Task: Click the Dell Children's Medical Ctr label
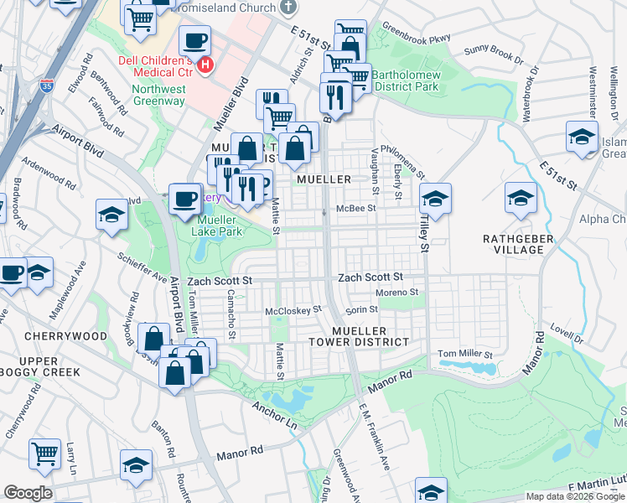[x=158, y=66]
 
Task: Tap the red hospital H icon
[x=205, y=64]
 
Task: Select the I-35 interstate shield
[x=45, y=86]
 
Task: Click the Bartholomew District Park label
[x=405, y=80]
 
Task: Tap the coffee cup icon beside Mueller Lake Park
[x=184, y=200]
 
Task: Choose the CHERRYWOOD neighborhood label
[x=66, y=336]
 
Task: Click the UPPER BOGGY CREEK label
[x=49, y=366]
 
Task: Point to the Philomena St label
[x=403, y=159]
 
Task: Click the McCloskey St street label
[x=293, y=310]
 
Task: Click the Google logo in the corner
[x=28, y=493]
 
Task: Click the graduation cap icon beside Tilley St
[x=435, y=200]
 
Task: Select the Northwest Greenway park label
[x=158, y=95]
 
